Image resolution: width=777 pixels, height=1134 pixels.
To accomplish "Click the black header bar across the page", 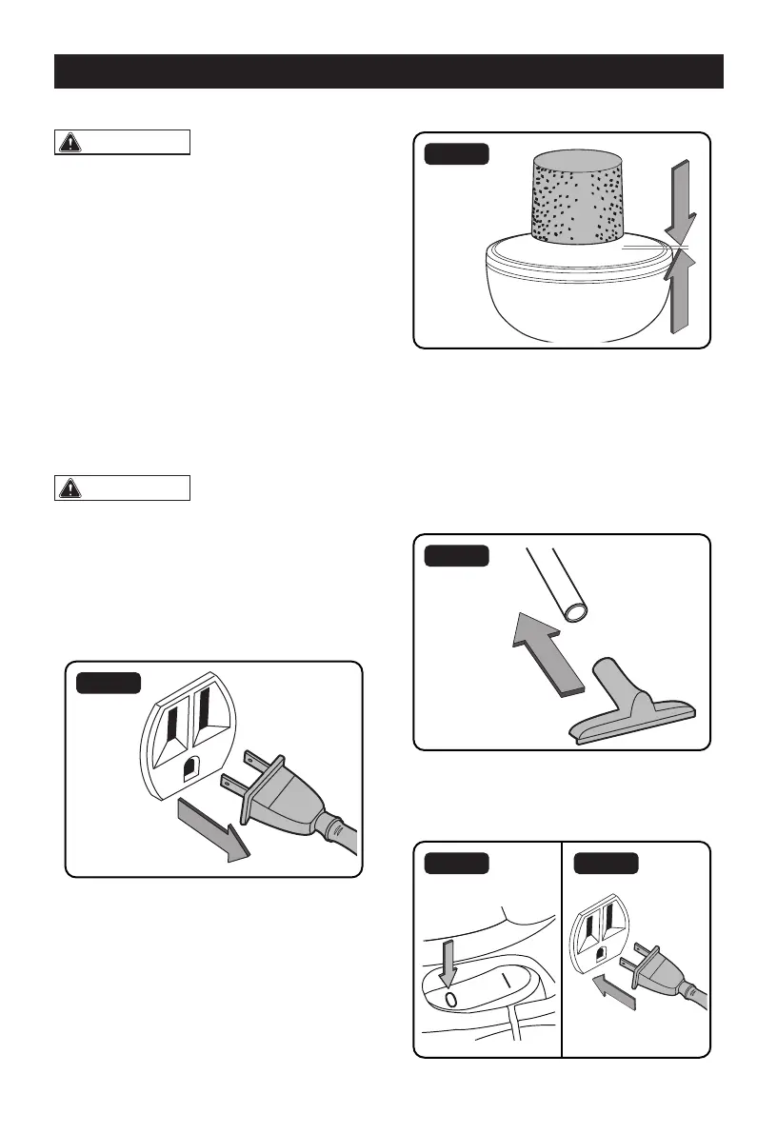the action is pos(388,71).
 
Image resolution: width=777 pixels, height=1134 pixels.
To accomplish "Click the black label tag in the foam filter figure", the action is pos(458,153).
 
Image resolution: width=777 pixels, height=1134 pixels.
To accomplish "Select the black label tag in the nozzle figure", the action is pos(458,555).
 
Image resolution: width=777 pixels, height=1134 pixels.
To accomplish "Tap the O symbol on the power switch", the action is pos(451,999).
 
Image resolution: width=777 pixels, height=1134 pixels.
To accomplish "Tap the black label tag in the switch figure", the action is pos(456,863).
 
